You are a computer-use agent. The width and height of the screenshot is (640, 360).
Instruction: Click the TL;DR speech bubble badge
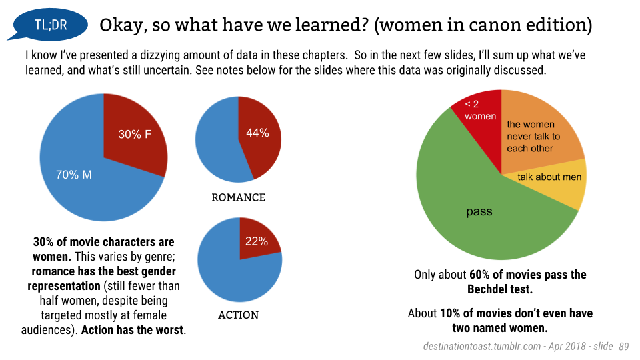pos(50,26)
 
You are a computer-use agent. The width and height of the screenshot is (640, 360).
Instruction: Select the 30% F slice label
pos(135,135)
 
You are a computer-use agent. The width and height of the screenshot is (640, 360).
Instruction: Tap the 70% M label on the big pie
pos(73,175)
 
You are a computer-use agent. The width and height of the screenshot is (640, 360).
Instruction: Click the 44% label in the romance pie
pos(257,133)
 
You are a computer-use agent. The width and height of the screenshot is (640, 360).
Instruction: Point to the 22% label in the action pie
pos(256,241)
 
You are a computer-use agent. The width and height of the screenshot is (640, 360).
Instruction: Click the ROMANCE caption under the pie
pos(238,198)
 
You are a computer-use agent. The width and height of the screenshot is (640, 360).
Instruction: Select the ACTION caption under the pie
pos(238,315)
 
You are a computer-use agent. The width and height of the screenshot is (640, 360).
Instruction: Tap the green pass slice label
pos(479,212)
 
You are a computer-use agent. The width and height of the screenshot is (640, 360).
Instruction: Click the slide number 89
pos(624,347)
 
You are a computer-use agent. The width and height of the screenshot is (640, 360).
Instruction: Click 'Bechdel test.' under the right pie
pos(500,289)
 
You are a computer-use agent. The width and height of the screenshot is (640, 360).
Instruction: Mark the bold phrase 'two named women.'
pos(500,328)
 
